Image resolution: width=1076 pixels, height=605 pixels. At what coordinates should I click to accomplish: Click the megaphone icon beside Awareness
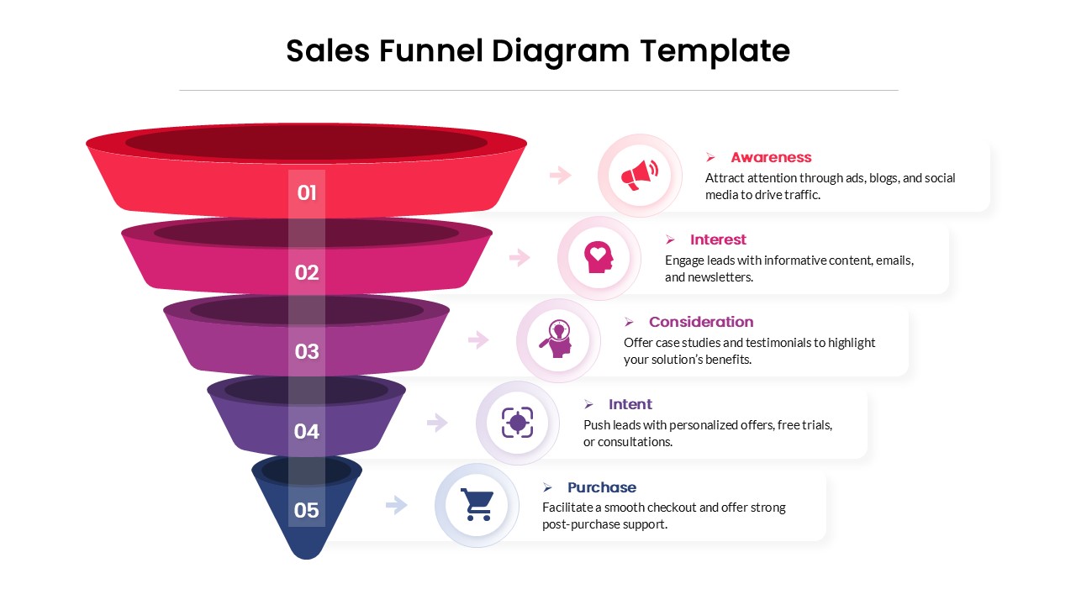click(639, 175)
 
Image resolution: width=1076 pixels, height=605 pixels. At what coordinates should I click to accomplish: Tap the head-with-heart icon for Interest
click(599, 257)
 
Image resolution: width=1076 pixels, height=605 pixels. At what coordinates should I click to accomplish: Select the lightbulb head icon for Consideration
click(557, 339)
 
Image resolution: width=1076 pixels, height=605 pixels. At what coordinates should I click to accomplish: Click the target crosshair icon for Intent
click(517, 422)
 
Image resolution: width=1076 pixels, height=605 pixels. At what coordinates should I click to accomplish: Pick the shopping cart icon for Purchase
click(477, 504)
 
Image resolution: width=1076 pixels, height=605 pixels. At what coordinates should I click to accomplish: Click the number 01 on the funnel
click(307, 193)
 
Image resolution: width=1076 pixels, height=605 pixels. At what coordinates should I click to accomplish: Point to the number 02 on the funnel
click(307, 272)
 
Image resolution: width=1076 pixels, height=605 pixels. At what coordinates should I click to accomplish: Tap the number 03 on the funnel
click(307, 351)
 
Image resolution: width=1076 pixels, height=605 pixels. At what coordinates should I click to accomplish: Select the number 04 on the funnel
click(307, 431)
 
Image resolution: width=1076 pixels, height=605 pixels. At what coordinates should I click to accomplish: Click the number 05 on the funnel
click(307, 510)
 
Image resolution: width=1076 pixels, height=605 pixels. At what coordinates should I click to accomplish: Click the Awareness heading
click(771, 157)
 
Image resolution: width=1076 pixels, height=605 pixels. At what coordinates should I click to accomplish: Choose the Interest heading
click(718, 239)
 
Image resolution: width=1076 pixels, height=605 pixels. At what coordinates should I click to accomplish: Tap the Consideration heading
click(701, 322)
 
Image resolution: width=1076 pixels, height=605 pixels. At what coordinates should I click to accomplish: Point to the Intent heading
click(630, 404)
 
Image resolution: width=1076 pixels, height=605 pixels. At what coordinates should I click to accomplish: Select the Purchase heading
click(601, 487)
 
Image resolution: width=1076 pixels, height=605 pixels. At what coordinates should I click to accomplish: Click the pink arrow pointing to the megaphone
click(561, 175)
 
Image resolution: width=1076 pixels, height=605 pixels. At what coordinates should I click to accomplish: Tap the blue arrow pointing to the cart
click(397, 505)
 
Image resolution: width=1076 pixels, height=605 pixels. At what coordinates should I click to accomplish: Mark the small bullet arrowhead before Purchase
click(547, 487)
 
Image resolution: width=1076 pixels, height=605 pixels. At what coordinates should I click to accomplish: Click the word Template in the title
click(715, 51)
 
